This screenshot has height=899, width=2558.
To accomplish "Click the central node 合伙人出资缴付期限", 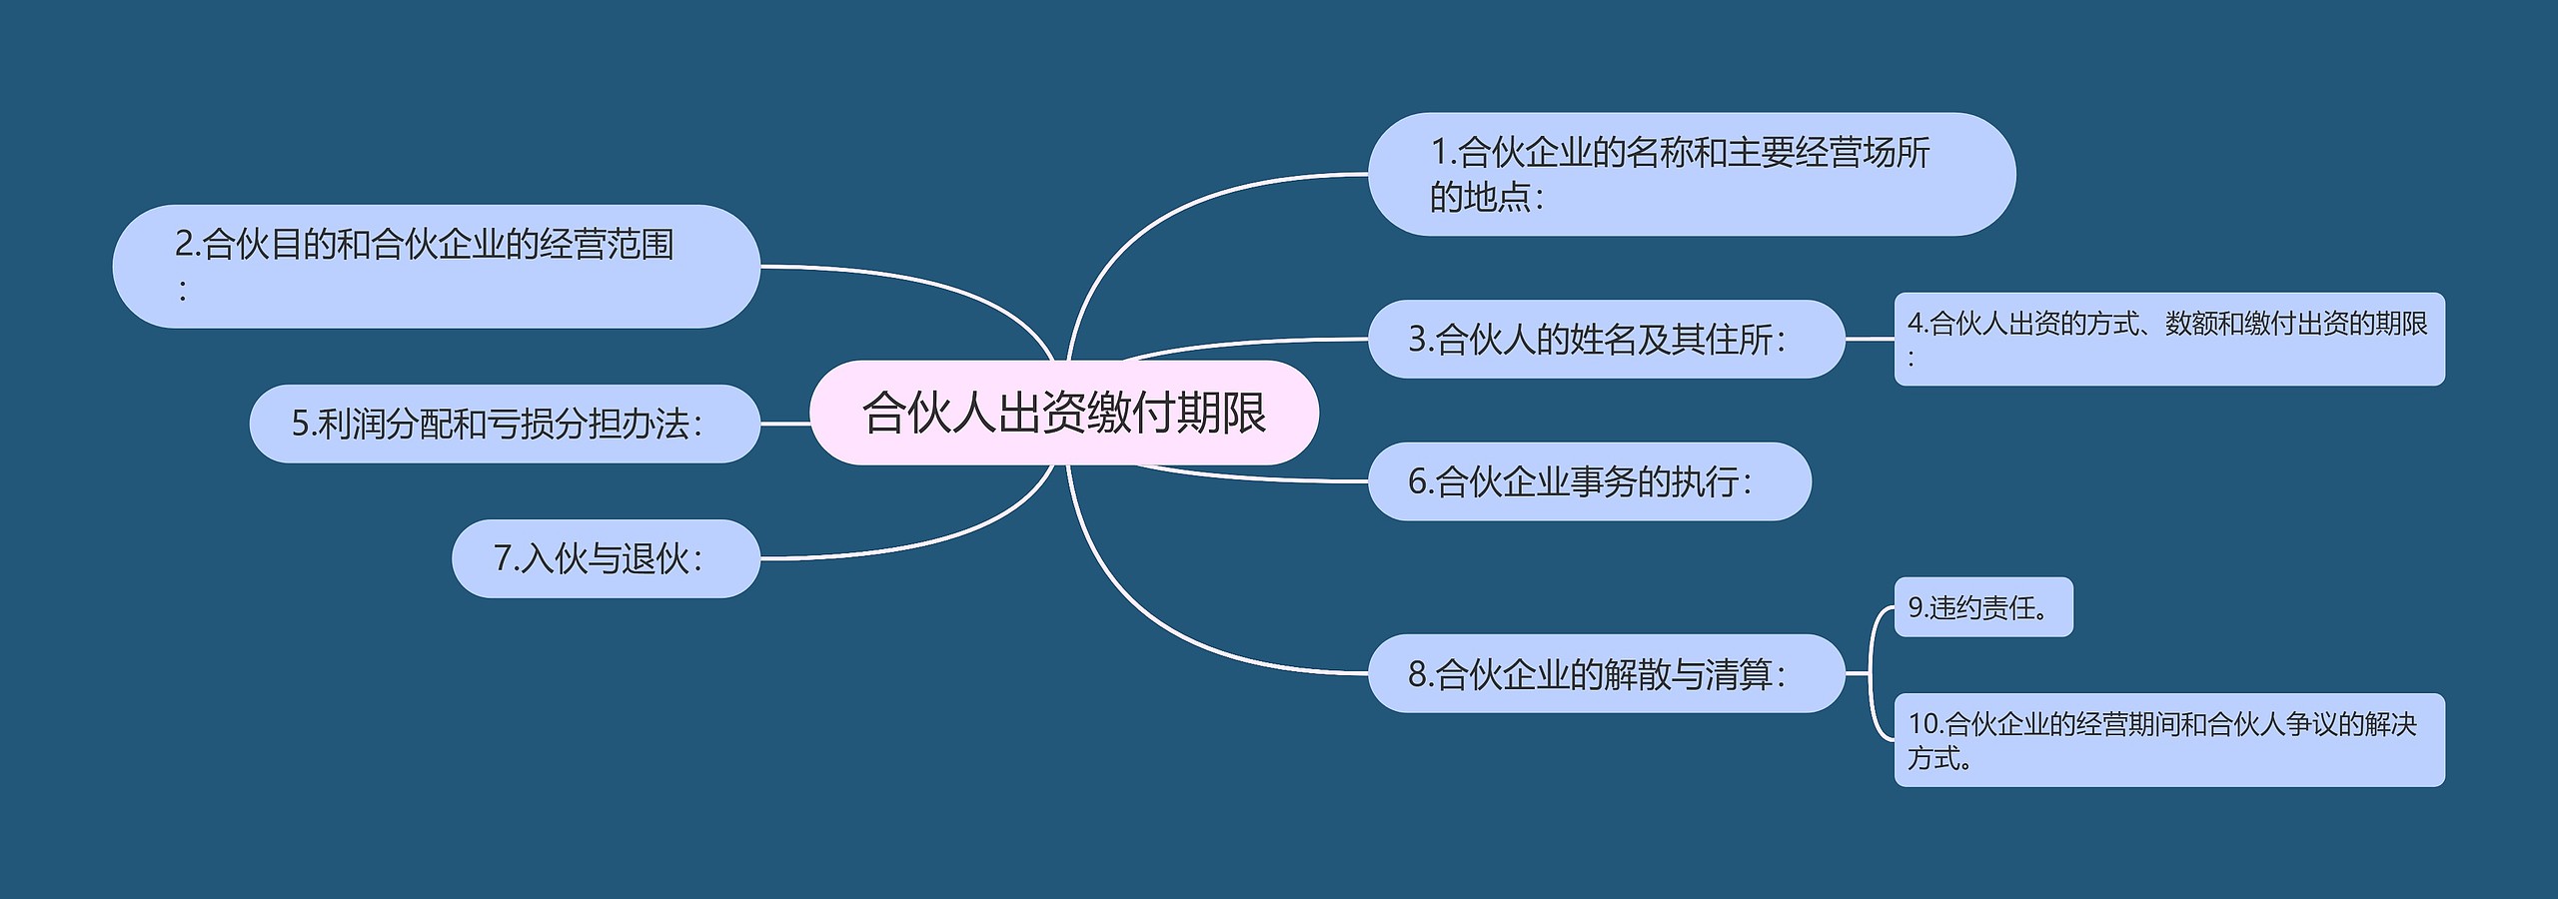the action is (x=1064, y=413).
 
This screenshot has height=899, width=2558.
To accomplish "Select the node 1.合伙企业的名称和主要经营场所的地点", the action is (x=1692, y=174).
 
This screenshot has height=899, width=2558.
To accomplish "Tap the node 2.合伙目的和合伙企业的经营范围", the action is (x=436, y=266).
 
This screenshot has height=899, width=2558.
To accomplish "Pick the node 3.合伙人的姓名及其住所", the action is (x=1606, y=339).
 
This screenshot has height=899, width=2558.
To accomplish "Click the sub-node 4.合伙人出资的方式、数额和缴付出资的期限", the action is (x=2169, y=339).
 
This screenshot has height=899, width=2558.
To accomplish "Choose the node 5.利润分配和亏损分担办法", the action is (x=505, y=424).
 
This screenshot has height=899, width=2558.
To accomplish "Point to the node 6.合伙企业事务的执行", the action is (x=1589, y=481).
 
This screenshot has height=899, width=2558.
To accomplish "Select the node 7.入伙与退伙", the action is (x=606, y=558).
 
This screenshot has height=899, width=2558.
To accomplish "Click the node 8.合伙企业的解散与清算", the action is (x=1606, y=673).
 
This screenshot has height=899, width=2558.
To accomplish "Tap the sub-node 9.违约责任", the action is (x=1983, y=606).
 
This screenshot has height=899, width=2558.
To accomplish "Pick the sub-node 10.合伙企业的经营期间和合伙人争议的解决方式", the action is (x=2169, y=740).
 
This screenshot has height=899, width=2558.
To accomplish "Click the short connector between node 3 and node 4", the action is (x=1870, y=339).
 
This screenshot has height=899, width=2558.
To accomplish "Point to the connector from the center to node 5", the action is (x=785, y=424).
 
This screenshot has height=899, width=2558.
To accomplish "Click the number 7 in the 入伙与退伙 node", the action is (x=503, y=558).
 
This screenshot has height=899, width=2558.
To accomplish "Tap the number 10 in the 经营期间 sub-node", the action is (x=1922, y=723).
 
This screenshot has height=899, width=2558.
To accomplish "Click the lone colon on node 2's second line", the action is (x=182, y=291).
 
